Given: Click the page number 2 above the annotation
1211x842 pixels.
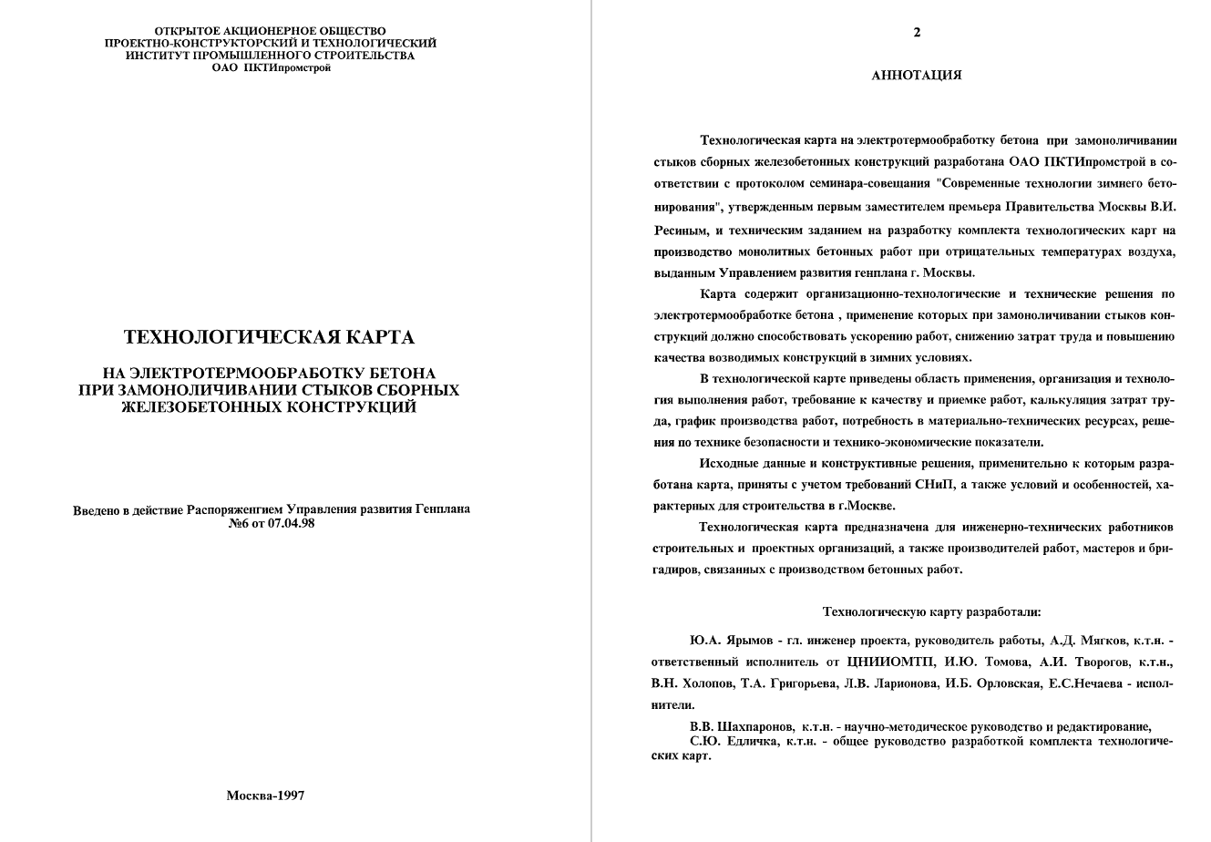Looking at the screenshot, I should pyautogui.click(x=917, y=33).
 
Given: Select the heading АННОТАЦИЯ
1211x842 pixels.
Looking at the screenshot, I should pyautogui.click(x=916, y=76).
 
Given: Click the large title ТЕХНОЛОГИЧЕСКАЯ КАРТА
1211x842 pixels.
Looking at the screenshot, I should pyautogui.click(x=269, y=338).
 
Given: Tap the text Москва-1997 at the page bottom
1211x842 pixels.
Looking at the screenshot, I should pyautogui.click(x=265, y=796).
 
